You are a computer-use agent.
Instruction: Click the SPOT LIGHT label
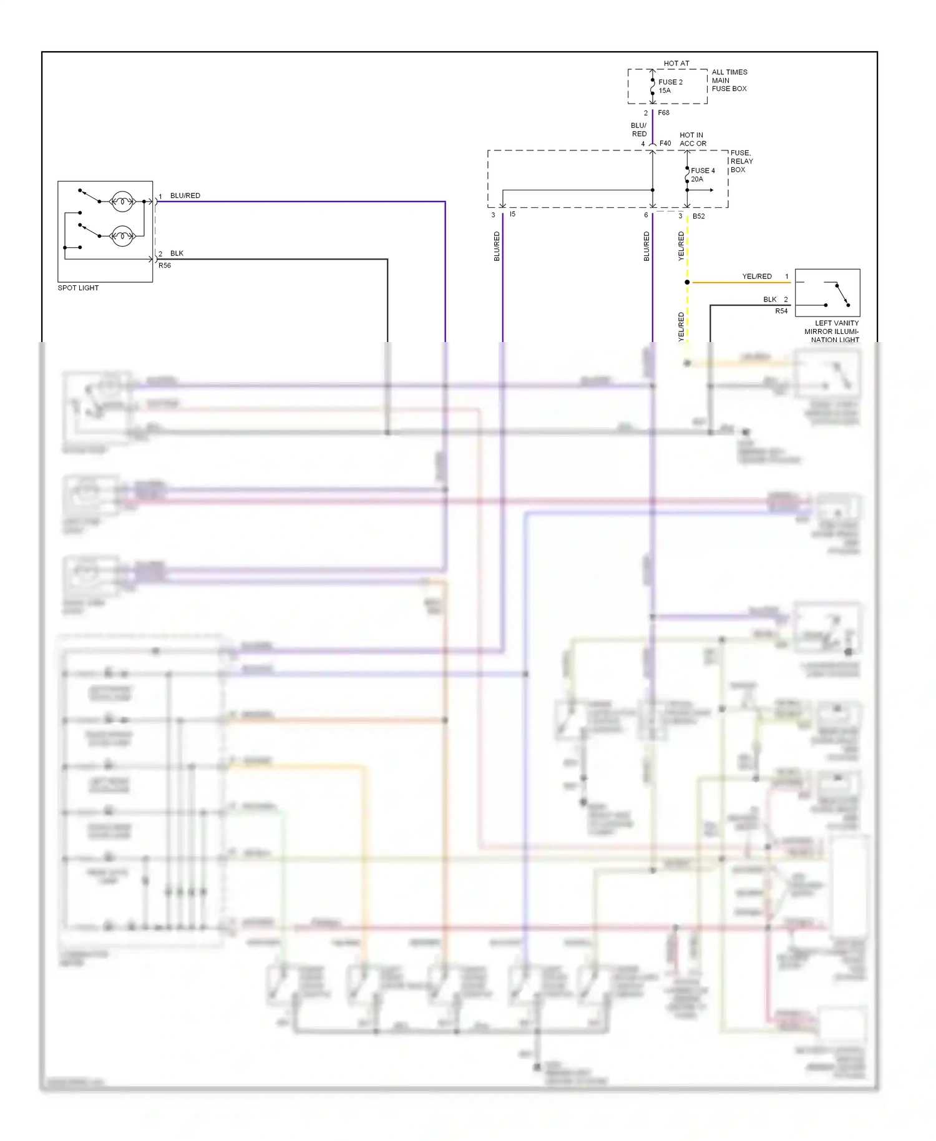[78, 288]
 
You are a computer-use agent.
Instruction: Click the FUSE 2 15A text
[670, 86]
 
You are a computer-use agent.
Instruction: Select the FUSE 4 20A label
[702, 175]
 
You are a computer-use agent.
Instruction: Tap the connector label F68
[663, 113]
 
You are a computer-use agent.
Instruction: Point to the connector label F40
[665, 144]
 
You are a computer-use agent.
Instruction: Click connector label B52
[698, 217]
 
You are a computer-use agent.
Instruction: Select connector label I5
[512, 215]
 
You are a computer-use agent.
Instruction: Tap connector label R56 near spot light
[165, 266]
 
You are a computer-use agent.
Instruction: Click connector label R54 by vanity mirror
[781, 311]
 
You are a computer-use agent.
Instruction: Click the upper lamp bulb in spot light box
[122, 202]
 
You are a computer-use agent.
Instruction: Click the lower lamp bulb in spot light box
[122, 236]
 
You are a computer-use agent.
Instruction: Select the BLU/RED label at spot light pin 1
[185, 196]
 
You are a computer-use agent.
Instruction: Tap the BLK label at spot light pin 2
[177, 253]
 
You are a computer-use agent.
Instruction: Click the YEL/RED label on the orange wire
[756, 277]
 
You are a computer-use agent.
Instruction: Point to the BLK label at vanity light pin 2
[769, 300]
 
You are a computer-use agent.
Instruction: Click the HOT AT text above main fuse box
[676, 64]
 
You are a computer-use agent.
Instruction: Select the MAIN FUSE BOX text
[729, 84]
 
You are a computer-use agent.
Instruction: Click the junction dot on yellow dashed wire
[687, 282]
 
